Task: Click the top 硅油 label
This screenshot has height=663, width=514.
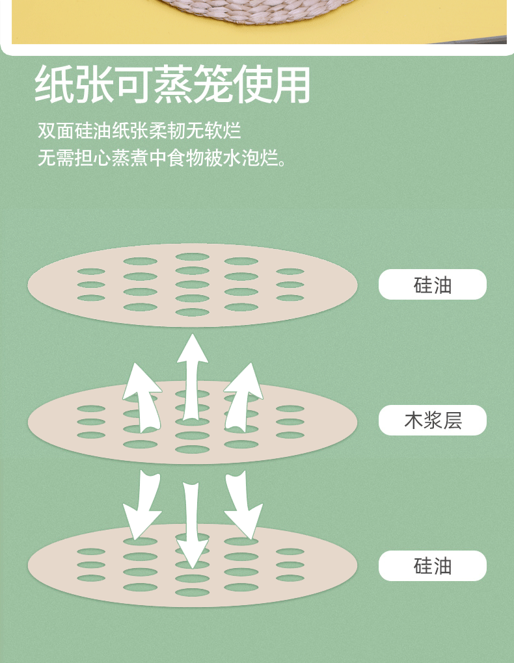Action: click(x=433, y=285)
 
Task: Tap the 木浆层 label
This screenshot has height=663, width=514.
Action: click(x=433, y=421)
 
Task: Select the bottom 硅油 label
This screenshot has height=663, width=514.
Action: click(x=433, y=565)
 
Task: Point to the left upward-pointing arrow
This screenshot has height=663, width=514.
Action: click(x=142, y=396)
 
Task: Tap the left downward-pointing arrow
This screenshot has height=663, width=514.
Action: click(x=143, y=507)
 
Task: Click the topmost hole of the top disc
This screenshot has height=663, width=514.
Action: click(x=193, y=257)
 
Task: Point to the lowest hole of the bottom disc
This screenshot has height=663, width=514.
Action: click(x=193, y=592)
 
